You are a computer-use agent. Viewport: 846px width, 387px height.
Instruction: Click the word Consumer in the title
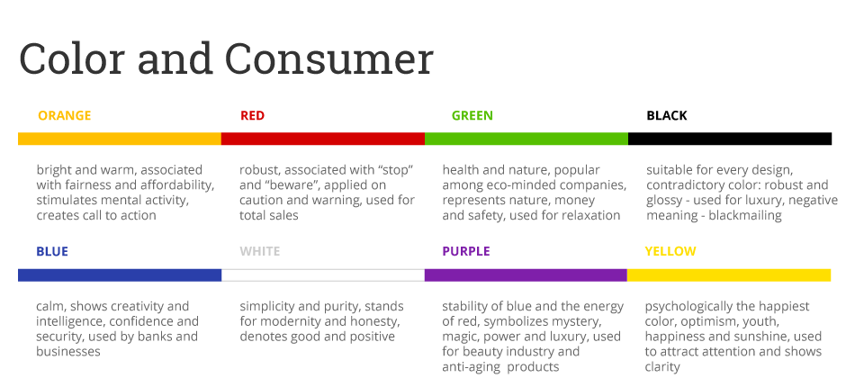click(328, 59)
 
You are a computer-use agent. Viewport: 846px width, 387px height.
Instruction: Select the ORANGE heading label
click(64, 115)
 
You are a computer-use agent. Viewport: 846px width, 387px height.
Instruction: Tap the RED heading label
click(252, 115)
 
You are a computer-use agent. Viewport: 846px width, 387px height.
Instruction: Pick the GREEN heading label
click(472, 115)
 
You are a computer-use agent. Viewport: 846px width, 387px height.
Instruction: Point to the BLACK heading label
click(667, 115)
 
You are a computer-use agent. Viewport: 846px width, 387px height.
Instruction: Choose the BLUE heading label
click(52, 251)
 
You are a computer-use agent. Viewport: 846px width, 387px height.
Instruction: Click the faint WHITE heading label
click(259, 251)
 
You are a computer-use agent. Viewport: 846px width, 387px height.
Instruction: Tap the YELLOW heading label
click(670, 251)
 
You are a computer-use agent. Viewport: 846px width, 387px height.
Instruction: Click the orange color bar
click(120, 139)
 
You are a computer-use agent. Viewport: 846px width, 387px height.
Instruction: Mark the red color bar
click(322, 139)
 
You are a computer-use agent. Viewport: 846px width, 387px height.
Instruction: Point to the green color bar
click(526, 139)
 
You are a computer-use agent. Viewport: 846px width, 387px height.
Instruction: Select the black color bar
click(729, 139)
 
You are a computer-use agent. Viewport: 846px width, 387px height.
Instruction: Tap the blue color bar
click(120, 274)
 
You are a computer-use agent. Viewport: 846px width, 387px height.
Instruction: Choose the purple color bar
click(526, 274)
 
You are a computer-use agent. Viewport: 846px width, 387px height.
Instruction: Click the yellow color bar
click(729, 274)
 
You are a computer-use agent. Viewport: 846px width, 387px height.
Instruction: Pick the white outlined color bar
click(322, 274)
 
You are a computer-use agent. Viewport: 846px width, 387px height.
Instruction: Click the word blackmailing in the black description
click(743, 215)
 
